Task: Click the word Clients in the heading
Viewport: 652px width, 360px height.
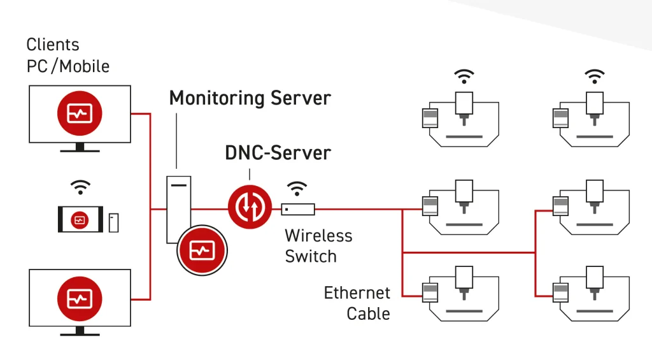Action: pos(53,45)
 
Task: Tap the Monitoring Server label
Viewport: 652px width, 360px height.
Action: pos(250,98)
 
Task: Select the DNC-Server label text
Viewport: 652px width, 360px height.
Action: pos(278,153)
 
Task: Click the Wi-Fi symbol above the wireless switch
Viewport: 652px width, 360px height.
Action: pos(297,188)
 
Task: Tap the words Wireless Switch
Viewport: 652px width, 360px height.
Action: pos(318,245)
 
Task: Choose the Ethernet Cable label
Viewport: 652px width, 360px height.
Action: pos(357,303)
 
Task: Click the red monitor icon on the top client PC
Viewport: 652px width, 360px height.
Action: pos(79,113)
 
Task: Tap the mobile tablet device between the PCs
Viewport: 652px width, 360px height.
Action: pos(80,220)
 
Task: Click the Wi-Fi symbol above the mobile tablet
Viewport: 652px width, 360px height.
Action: pos(80,187)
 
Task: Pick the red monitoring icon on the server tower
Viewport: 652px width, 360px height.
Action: pos(201,251)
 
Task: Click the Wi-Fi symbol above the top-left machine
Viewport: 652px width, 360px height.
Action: pos(464,76)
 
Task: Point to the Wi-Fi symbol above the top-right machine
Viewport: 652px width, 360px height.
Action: pos(595,76)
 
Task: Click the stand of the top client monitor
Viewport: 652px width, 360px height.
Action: pos(80,148)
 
